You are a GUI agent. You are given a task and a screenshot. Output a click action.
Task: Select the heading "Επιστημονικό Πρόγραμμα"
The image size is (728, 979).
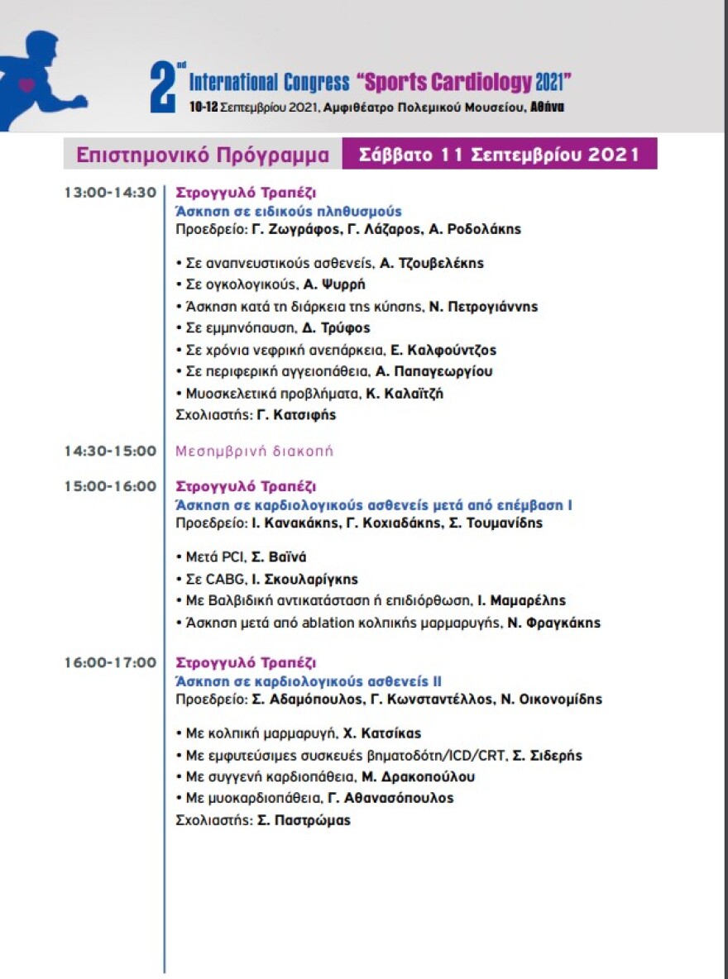[x=203, y=155]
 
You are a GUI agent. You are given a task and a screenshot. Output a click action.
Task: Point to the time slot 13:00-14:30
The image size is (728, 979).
[x=111, y=192]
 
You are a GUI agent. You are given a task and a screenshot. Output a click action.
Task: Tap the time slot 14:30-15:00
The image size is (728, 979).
[x=111, y=451]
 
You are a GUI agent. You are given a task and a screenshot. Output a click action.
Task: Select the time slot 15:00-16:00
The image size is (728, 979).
[x=111, y=485]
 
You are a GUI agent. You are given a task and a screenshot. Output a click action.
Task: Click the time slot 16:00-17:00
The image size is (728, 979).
[x=111, y=662]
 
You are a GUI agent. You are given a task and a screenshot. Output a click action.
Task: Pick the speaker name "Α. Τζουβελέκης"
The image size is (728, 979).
[x=432, y=264]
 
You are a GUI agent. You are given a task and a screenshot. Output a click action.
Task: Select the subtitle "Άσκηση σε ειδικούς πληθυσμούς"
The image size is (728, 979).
[x=289, y=211]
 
